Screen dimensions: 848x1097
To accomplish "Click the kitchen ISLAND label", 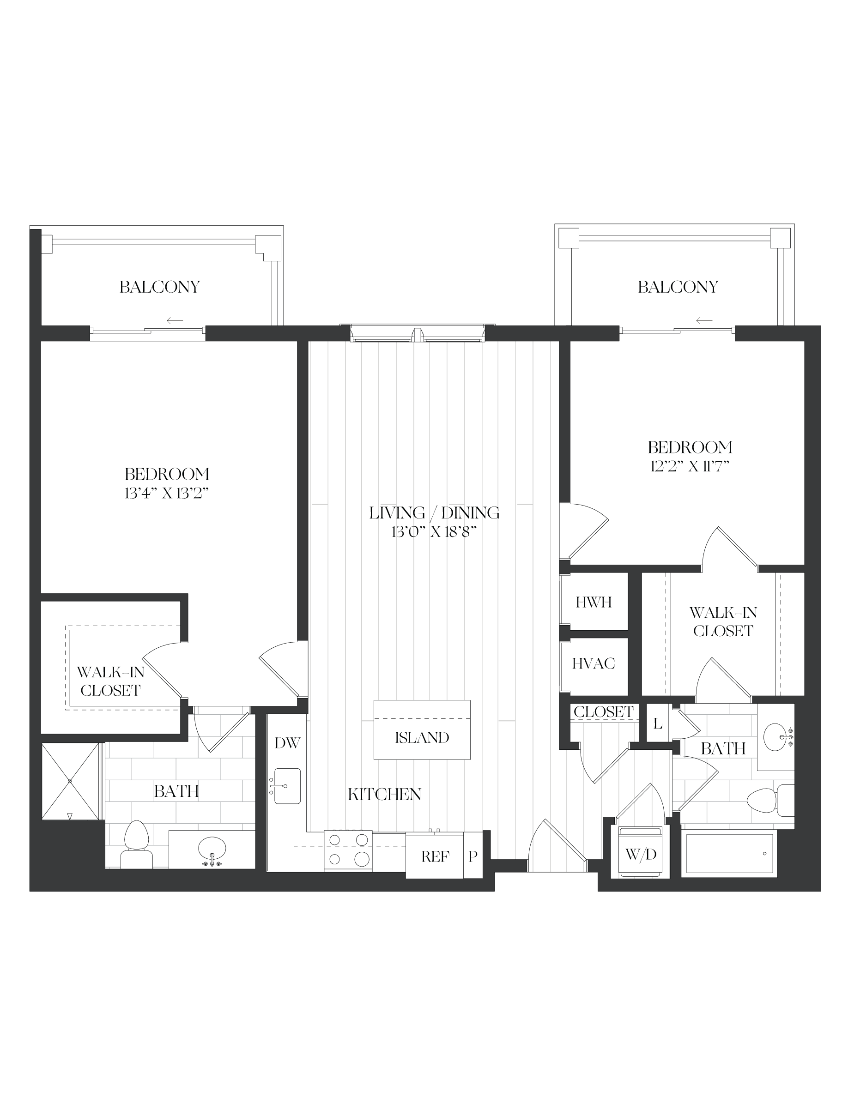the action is coord(422,737).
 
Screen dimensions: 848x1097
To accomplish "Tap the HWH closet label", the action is coord(594,602).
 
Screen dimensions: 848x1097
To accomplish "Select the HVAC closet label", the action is coord(594,663).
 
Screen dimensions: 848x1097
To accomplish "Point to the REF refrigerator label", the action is coord(435,856).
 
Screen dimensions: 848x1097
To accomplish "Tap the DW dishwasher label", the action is coord(287,743).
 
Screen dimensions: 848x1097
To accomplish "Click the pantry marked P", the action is coord(473,856).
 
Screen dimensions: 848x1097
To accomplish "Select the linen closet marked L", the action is coord(658,724).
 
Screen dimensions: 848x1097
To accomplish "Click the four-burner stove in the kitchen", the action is coord(348,850).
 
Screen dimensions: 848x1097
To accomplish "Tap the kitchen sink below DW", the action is coord(287,786).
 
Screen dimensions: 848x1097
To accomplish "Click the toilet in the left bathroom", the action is coord(136,845).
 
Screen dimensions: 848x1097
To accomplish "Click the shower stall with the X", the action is coord(70,782).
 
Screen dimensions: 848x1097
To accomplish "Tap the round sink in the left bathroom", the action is coord(212,848).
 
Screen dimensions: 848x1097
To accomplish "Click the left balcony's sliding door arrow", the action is coord(175,320).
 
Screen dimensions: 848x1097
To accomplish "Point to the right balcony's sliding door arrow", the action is coord(704,320).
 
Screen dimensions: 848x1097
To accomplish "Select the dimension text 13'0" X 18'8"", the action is coord(434,532).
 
